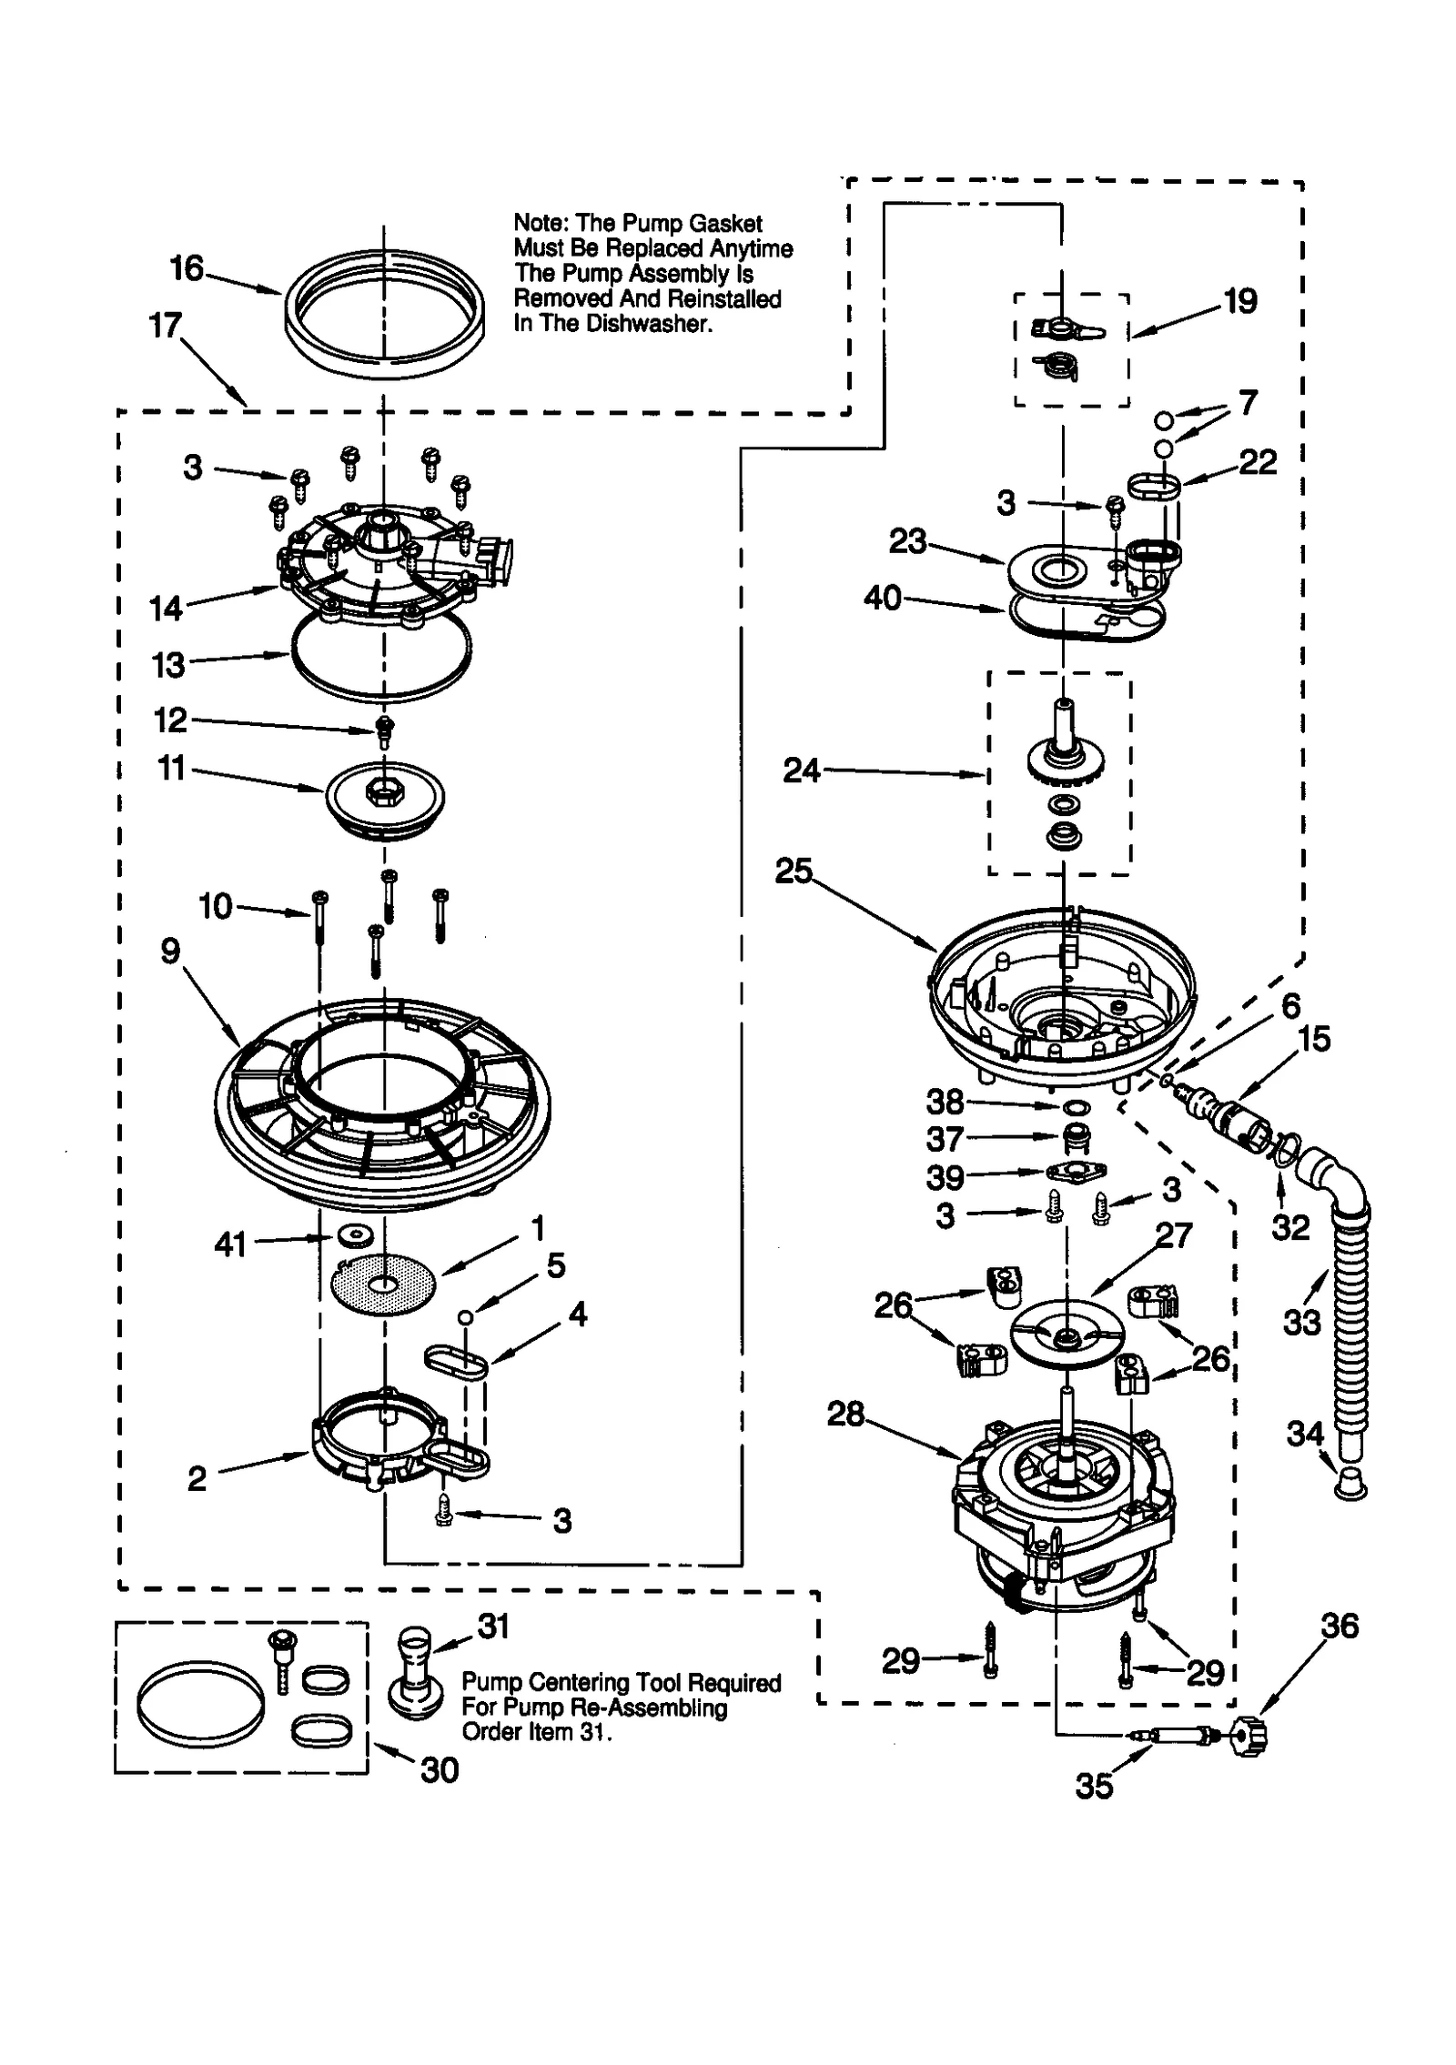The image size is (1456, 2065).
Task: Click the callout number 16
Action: pyautogui.click(x=187, y=268)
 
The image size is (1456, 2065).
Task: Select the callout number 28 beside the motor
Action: pyautogui.click(x=844, y=1414)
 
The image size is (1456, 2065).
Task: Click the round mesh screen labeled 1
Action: pyautogui.click(x=383, y=1284)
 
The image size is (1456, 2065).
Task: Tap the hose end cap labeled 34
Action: pyautogui.click(x=1350, y=1486)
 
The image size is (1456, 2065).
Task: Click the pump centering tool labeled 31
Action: pyautogui.click(x=418, y=1673)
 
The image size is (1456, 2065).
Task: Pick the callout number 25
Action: pyautogui.click(x=793, y=871)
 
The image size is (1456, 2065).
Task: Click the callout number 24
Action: pyautogui.click(x=802, y=771)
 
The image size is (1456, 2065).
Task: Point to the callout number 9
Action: pyautogui.click(x=170, y=952)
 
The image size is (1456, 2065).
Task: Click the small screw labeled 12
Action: pyautogui.click(x=384, y=728)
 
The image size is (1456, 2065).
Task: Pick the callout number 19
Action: pyautogui.click(x=1239, y=300)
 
